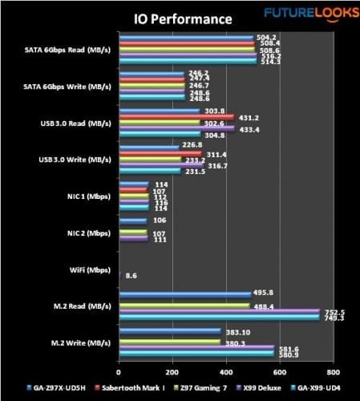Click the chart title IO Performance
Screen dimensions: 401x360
179,18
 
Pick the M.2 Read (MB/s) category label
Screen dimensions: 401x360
79,306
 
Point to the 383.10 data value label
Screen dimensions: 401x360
238,331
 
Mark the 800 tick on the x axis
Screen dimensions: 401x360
334,371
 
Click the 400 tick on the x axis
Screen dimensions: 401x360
226,371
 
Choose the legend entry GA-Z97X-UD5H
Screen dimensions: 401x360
47,388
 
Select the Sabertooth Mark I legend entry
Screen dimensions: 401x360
117,388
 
